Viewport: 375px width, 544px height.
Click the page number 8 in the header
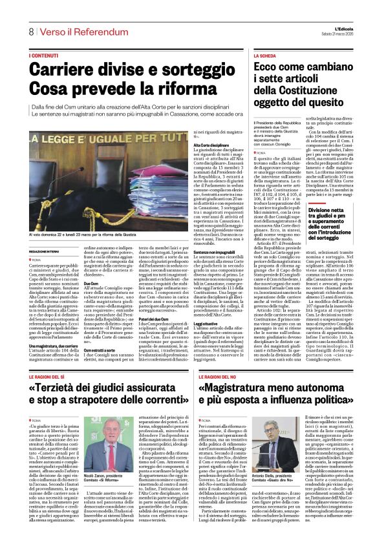click(x=30, y=32)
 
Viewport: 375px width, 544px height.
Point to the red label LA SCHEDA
click(x=265, y=56)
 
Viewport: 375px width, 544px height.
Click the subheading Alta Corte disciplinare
click(x=211, y=147)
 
